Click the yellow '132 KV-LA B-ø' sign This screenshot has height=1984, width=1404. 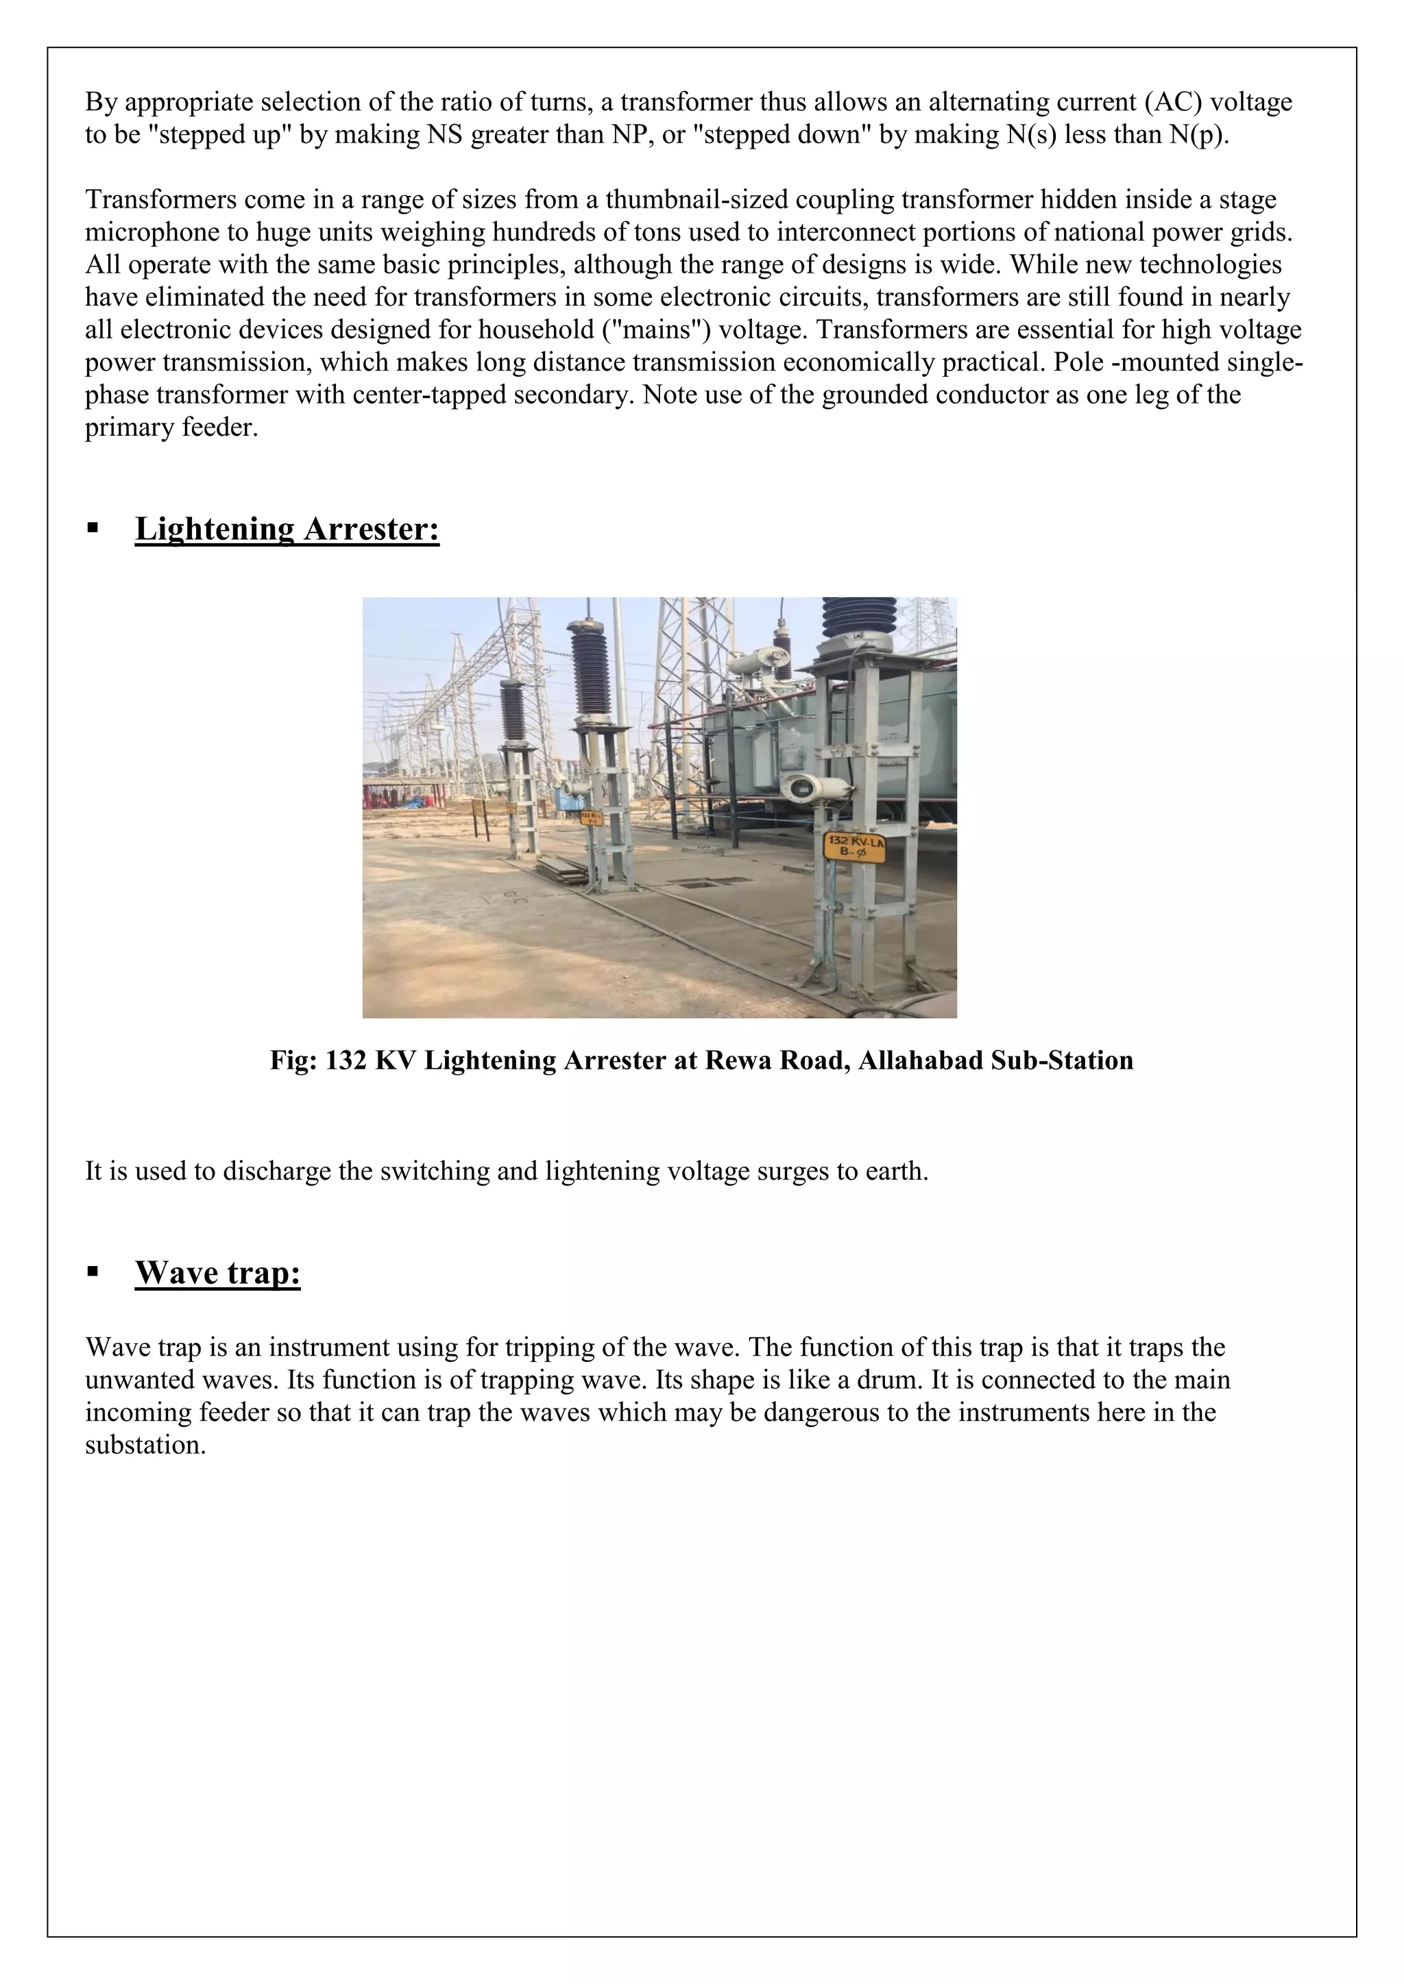pyautogui.click(x=855, y=846)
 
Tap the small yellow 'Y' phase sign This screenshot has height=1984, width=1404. pyautogui.click(x=590, y=817)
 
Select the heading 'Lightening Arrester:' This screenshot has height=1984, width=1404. pyautogui.click(x=287, y=529)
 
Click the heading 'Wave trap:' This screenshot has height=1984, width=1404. pyautogui.click(x=217, y=1272)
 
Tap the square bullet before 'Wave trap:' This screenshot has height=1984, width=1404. pyautogui.click(x=93, y=1272)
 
